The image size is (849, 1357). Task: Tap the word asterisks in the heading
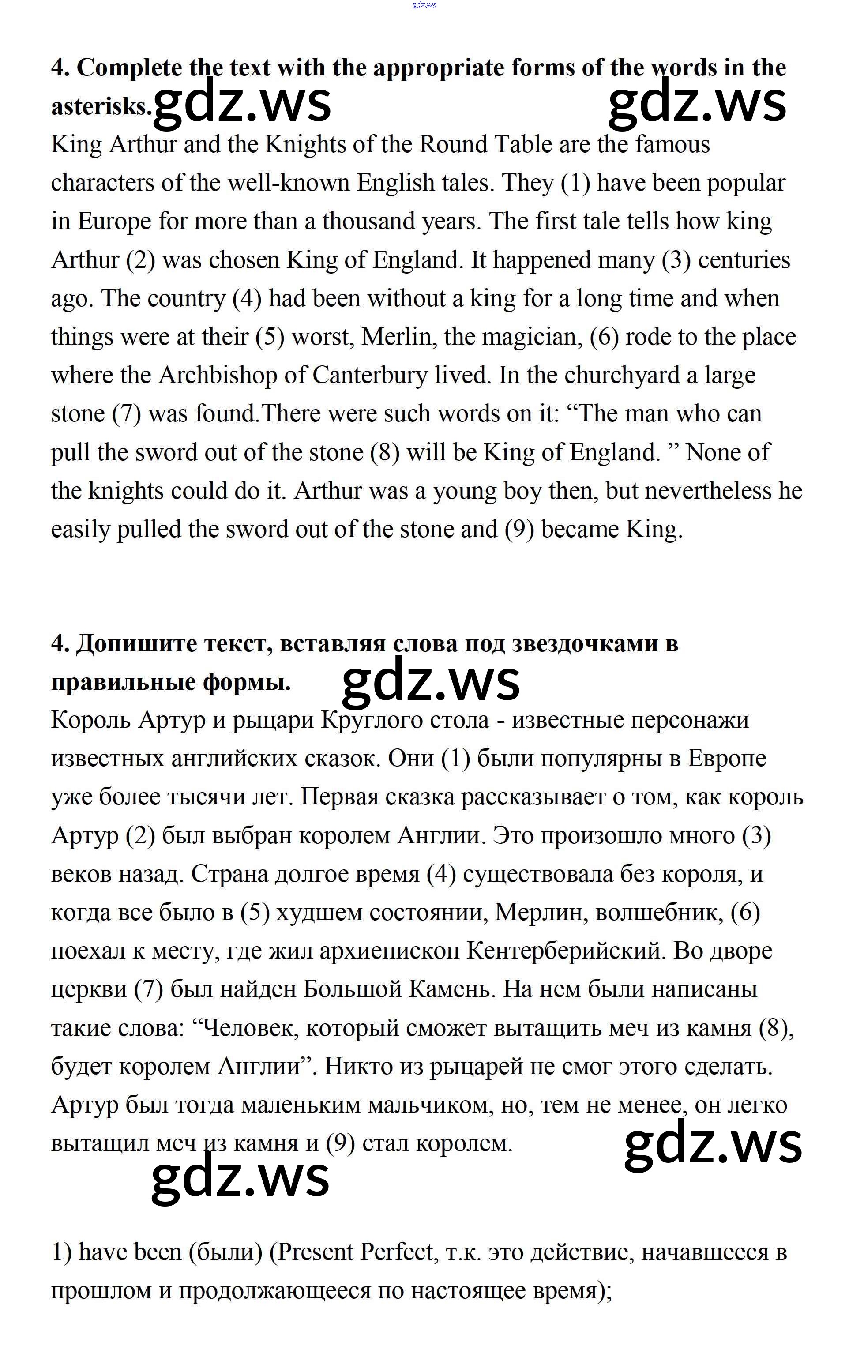coord(101,106)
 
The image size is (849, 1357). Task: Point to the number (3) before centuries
coord(676,260)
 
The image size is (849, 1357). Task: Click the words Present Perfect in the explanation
coord(355,1252)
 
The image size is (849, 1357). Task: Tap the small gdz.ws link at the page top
coord(424,5)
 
